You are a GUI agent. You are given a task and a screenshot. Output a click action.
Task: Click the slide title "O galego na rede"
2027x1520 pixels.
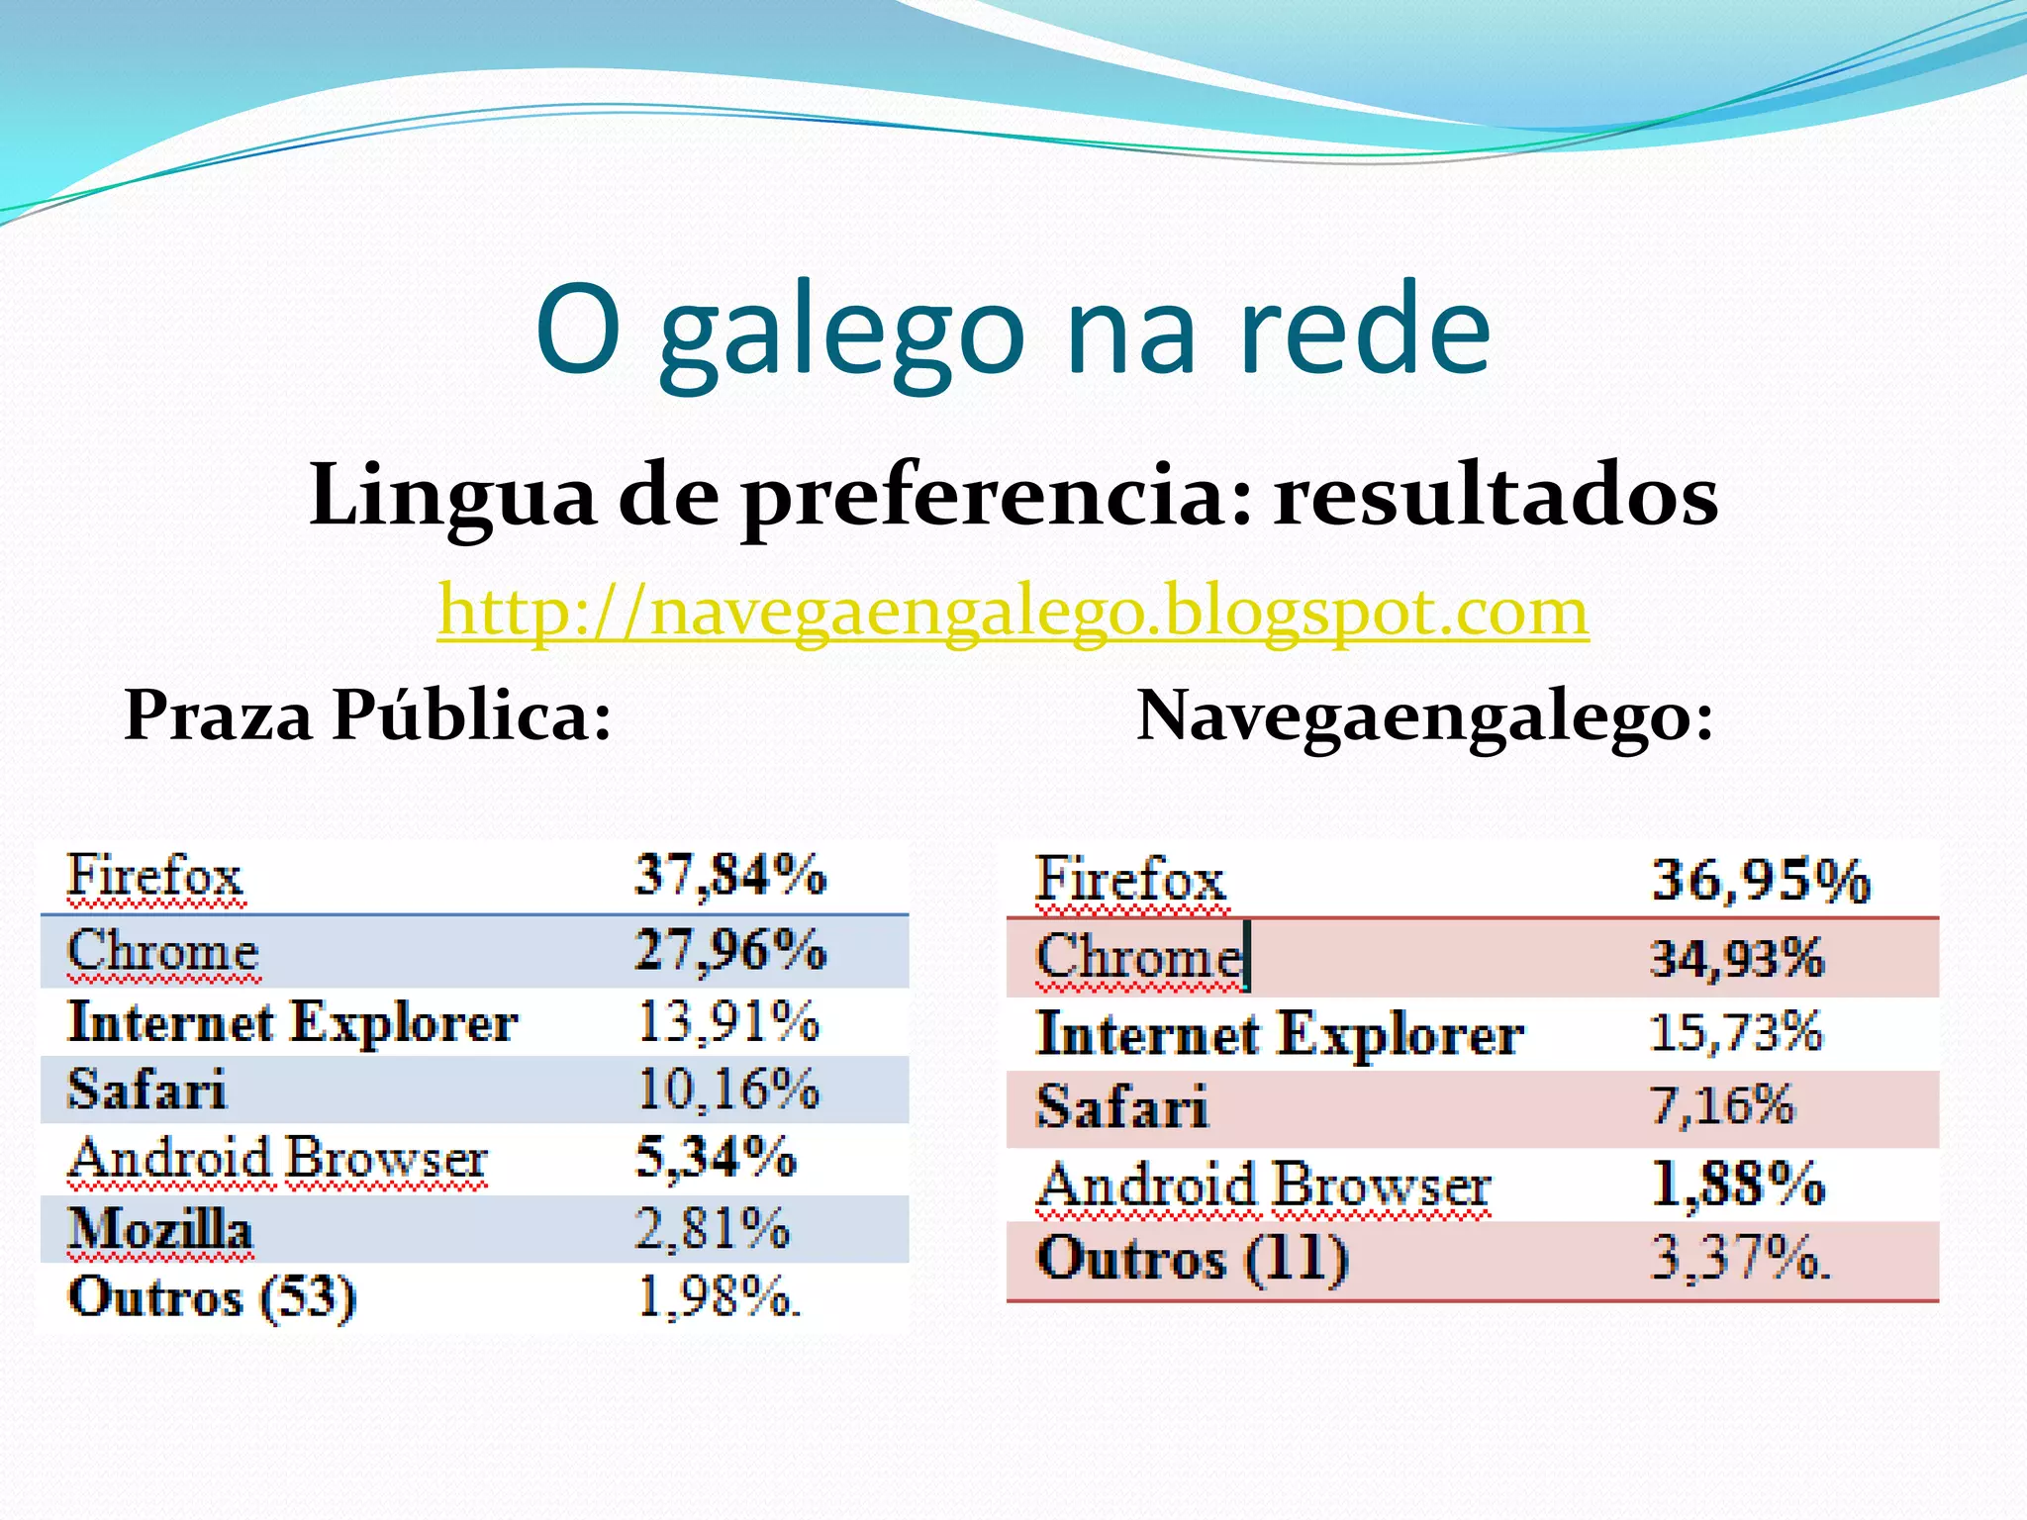point(1013,332)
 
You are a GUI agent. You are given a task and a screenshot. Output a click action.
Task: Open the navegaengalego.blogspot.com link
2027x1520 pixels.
point(1013,612)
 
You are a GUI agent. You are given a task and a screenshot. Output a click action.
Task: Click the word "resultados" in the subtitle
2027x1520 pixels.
point(1495,495)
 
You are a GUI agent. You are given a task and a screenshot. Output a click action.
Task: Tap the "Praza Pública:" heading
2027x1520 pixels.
point(367,715)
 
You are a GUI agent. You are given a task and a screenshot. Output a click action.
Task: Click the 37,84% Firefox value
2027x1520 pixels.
point(729,876)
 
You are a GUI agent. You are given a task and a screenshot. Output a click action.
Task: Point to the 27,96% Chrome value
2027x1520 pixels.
point(729,950)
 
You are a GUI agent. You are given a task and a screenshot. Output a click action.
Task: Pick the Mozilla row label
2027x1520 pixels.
point(159,1230)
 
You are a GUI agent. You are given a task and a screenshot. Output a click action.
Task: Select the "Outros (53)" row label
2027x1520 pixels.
point(211,1297)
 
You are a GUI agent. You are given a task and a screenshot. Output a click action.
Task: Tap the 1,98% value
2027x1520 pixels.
point(717,1297)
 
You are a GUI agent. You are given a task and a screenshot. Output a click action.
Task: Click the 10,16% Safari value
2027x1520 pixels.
point(727,1090)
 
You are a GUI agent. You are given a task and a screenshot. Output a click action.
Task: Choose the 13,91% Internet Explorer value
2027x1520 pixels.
point(727,1021)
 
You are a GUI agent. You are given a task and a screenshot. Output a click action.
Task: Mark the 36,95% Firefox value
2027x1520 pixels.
point(1761,880)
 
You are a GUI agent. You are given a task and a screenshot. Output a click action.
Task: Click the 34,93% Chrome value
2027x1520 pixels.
point(1736,958)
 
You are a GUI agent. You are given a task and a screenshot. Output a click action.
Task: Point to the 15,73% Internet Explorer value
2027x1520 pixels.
point(1735,1032)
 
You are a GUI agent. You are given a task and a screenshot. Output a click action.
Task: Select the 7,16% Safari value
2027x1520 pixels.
point(1721,1105)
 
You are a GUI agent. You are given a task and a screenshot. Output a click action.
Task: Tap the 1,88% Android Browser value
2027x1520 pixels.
point(1738,1184)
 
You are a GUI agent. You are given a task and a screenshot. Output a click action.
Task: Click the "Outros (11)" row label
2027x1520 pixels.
point(1192,1259)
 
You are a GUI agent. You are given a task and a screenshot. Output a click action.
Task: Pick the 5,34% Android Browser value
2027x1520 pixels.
point(715,1158)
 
